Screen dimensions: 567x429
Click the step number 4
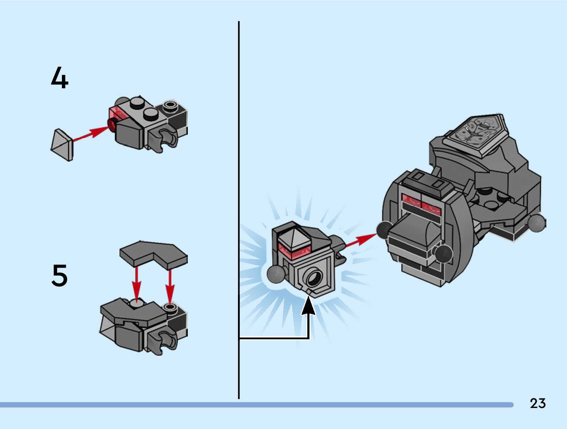pyautogui.click(x=59, y=78)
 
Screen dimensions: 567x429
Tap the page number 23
pyautogui.click(x=537, y=403)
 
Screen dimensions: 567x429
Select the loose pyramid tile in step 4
pyautogui.click(x=62, y=145)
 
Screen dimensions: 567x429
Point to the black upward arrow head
pyautogui.click(x=308, y=307)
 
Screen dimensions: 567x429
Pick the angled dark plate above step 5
pyautogui.click(x=153, y=253)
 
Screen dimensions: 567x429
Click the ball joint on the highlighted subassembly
pyautogui.click(x=276, y=273)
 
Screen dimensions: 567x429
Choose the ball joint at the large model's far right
pyautogui.click(x=536, y=223)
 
